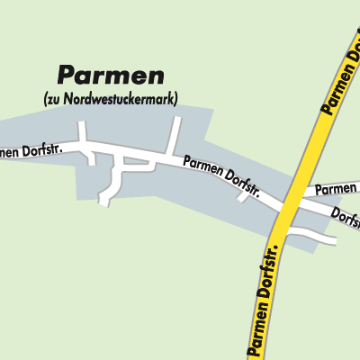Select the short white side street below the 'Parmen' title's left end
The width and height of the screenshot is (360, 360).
pos(83,135)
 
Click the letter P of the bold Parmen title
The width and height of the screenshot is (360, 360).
pos(64,76)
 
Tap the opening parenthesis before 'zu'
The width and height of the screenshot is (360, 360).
pos(44,97)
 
